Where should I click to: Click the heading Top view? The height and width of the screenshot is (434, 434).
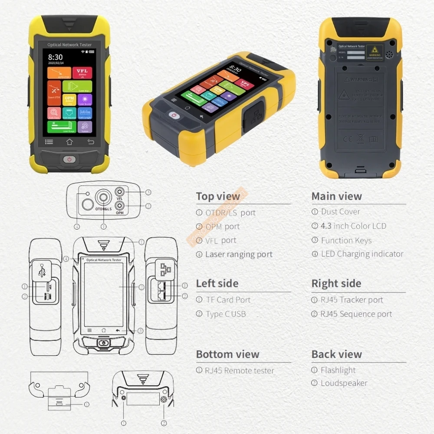(218, 196)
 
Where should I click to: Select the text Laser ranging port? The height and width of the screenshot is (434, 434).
(239, 254)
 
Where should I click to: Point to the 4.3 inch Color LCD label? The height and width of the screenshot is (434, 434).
(353, 226)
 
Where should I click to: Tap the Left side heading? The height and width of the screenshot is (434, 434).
(217, 283)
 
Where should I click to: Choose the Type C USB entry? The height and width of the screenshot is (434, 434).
(226, 314)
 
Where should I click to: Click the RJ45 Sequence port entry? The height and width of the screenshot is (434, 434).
(356, 314)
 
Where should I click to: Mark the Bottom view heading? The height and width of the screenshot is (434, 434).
(227, 354)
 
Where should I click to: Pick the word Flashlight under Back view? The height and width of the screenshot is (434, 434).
(338, 370)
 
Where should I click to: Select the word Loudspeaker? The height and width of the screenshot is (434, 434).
(344, 383)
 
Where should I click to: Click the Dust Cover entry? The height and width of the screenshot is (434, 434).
(340, 212)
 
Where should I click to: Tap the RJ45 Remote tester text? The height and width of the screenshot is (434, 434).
(240, 371)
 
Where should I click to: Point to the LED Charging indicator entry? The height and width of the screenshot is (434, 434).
(362, 254)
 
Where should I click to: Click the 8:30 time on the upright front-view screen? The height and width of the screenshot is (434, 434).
(55, 57)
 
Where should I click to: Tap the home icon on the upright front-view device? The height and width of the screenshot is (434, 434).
(69, 141)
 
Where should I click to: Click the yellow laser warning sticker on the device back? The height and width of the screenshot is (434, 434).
(375, 52)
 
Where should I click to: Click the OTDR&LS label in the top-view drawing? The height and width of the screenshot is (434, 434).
(103, 209)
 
